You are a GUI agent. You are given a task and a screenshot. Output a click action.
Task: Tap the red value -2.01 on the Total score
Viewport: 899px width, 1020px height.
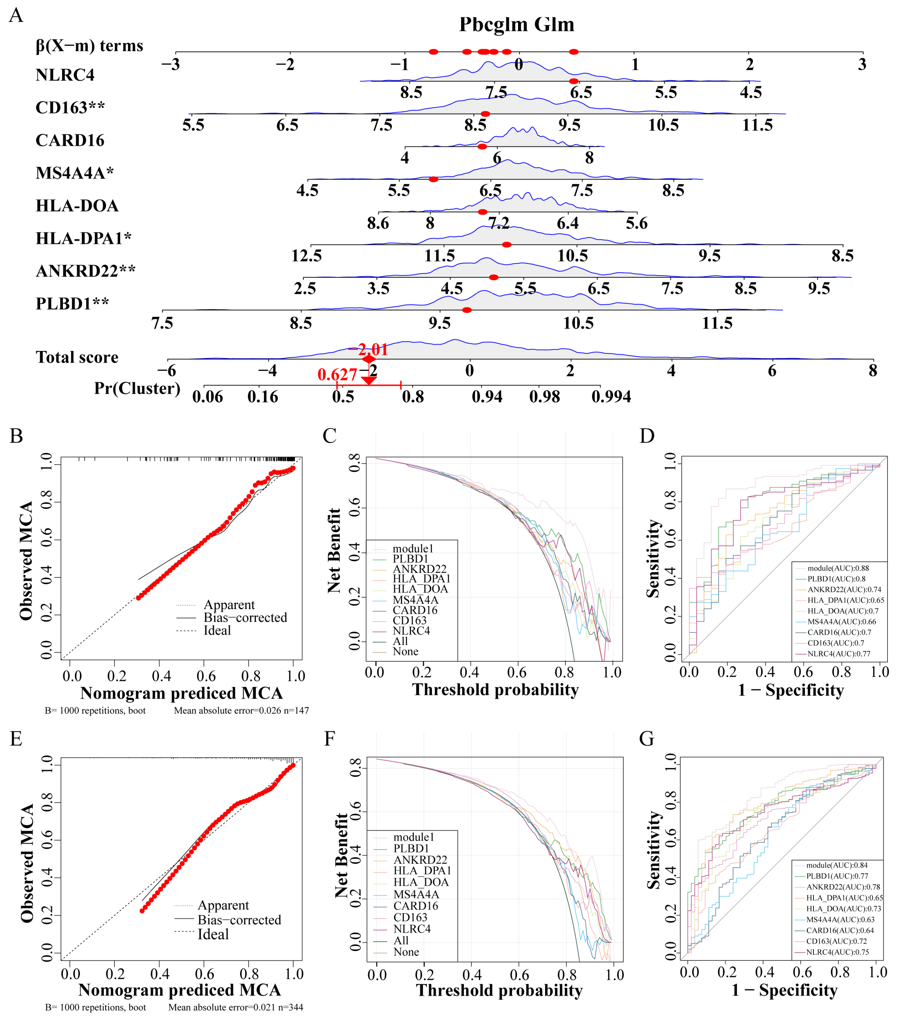tap(368, 349)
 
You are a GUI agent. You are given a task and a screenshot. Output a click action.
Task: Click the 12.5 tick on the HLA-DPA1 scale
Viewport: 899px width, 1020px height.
tap(306, 256)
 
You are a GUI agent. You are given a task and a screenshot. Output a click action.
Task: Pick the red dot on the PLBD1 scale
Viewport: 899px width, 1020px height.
tap(467, 310)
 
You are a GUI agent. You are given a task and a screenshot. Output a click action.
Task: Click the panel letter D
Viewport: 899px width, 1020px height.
tap(647, 436)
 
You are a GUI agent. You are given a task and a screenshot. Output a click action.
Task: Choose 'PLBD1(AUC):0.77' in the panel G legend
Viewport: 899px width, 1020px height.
tap(837, 876)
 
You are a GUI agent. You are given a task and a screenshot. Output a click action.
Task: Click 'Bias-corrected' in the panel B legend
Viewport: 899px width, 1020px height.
tap(245, 618)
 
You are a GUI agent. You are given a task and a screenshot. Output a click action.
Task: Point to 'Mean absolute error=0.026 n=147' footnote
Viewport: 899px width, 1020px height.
tap(241, 710)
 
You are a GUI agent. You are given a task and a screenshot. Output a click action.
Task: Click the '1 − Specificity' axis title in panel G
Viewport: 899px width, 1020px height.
tap(784, 990)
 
